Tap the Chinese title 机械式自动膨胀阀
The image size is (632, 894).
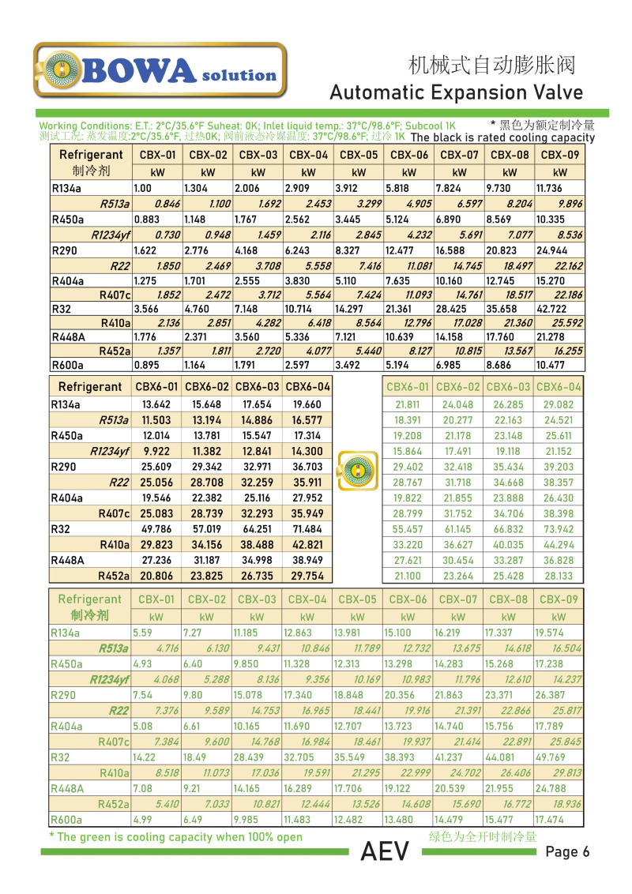(491, 65)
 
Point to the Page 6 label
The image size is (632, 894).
(567, 851)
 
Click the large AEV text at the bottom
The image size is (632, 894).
(385, 852)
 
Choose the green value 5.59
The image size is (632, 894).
(142, 633)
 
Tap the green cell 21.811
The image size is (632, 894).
(407, 404)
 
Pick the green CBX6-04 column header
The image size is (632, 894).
(558, 387)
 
